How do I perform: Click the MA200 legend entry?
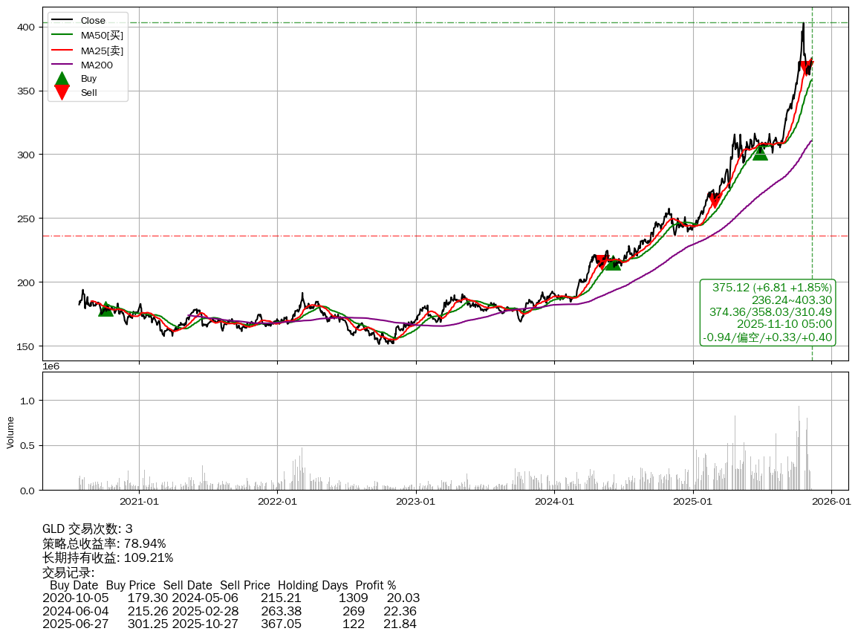coord(96,65)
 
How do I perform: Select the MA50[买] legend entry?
coord(102,35)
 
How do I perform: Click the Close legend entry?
coord(93,20)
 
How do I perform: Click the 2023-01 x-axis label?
coord(416,502)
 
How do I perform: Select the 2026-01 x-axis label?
coord(831,502)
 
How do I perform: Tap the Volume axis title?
coord(10,432)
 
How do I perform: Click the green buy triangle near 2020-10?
coord(106,308)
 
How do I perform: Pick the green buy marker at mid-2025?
coord(760,152)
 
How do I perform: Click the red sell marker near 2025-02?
coord(715,201)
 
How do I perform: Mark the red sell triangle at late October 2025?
coord(807,68)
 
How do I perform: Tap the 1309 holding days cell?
coord(354,598)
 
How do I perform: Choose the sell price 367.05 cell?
coord(281,624)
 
